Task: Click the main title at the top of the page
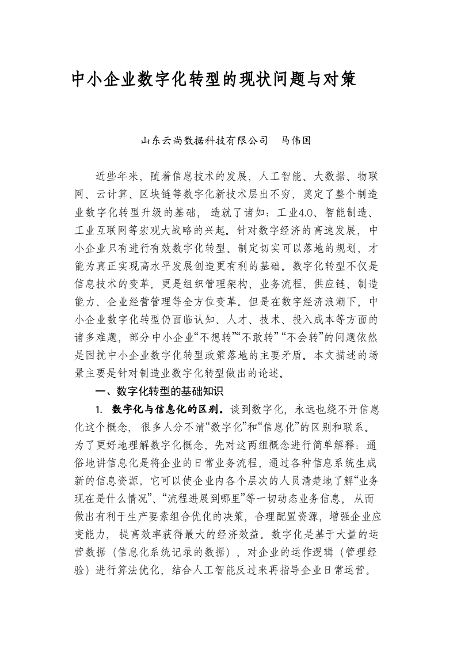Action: tap(214, 79)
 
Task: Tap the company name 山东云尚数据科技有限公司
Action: tap(205, 140)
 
